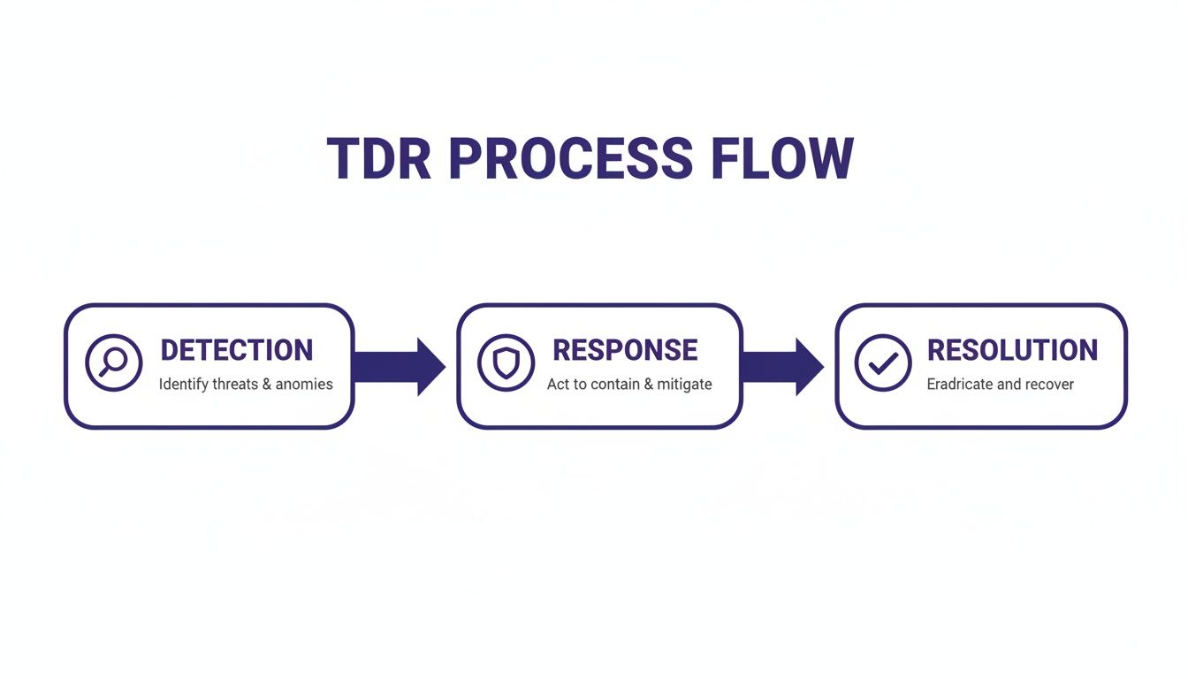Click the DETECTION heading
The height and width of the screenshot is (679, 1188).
point(237,350)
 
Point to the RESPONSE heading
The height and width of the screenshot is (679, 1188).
point(625,350)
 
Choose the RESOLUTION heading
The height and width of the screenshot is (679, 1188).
point(1012,350)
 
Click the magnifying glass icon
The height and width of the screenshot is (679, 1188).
point(113,362)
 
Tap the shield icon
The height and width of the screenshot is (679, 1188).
point(506,362)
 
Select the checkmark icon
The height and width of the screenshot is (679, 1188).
point(883,362)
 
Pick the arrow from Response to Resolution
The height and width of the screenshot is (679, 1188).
point(783,366)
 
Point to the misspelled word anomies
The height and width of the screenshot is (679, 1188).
point(304,385)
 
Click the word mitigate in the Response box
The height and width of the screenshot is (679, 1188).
point(684,385)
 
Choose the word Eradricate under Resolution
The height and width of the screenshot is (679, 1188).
point(962,385)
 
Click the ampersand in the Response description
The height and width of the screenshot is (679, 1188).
point(648,385)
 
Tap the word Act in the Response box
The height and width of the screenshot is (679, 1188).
point(558,385)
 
